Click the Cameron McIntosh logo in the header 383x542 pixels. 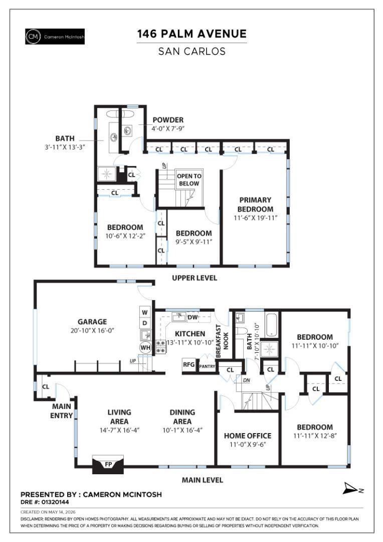tap(55, 37)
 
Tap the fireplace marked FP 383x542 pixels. tap(108, 464)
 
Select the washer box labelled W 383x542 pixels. tap(145, 312)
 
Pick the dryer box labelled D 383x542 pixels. tap(145, 323)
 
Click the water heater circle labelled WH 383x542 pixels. tap(145, 347)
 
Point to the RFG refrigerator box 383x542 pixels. tap(188, 365)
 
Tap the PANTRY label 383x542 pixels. tap(207, 366)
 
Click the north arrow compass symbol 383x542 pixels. tap(353, 489)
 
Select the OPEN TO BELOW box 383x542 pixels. tap(189, 180)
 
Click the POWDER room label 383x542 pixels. tap(168, 120)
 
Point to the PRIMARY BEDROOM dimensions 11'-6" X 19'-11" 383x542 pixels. tap(256, 218)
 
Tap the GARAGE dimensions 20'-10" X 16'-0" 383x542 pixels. tap(92, 330)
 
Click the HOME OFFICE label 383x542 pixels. tap(248, 436)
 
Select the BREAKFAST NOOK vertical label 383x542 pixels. tap(223, 341)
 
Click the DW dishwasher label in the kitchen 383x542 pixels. tap(193, 317)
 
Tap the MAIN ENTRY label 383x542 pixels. tap(62, 411)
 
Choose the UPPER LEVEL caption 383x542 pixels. tap(195, 278)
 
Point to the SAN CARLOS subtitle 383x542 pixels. tap(192, 52)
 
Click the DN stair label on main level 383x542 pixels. tap(246, 380)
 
